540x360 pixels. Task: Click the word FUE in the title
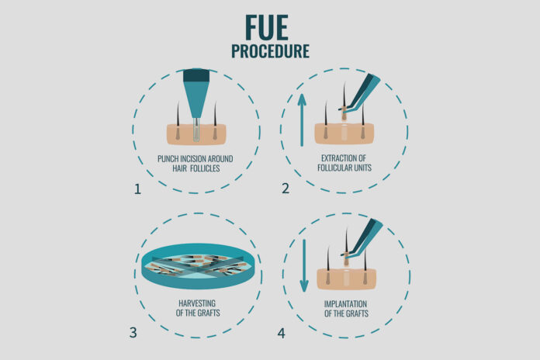(267, 28)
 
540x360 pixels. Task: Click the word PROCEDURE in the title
(270, 51)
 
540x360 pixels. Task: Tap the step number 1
(137, 189)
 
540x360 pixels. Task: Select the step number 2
(286, 189)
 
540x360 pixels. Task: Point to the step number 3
(133, 333)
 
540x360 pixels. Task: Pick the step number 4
(282, 334)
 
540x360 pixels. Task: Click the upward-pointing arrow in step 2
(302, 120)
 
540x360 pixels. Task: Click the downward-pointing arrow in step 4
(304, 265)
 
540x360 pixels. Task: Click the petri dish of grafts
(198, 265)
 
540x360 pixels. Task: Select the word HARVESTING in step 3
(197, 303)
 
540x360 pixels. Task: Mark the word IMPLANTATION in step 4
(345, 304)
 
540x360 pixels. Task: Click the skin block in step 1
(196, 134)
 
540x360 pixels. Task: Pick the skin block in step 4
(347, 279)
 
